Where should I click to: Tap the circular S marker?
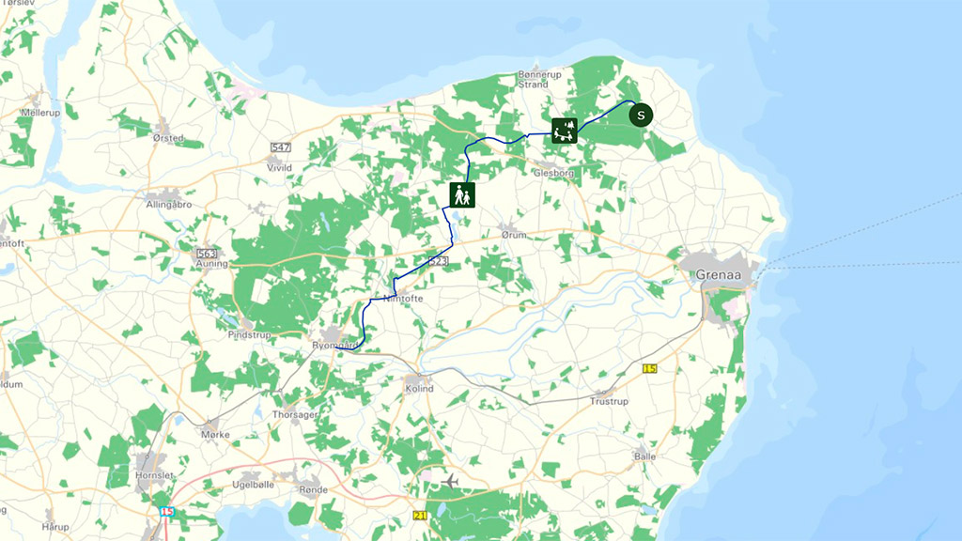point(641,116)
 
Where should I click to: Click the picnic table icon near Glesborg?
point(564,131)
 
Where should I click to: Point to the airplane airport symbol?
point(450,481)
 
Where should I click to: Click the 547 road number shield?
point(280,147)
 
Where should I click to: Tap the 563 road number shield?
point(208,254)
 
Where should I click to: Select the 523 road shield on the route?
point(437,260)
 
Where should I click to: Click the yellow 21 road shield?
point(420,516)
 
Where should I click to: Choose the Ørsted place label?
point(168,138)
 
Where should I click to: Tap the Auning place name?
point(212,264)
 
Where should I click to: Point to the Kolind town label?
point(418,388)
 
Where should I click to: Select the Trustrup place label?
point(609,401)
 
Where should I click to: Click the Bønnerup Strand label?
point(533,79)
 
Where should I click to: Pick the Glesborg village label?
point(552,173)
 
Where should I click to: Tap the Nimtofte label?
point(405,299)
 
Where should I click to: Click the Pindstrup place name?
point(248,333)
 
